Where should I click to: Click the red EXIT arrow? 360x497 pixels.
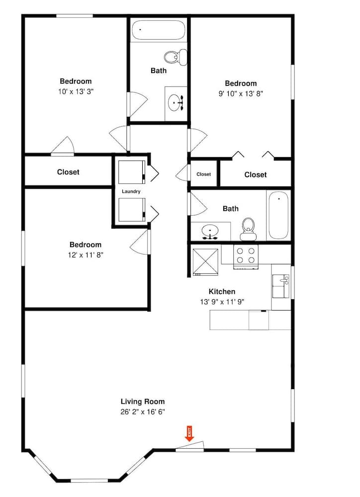(x=189, y=433)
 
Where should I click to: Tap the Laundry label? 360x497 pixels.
(x=131, y=191)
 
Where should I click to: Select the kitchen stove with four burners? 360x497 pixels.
(x=246, y=256)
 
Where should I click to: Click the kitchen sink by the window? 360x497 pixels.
(x=281, y=287)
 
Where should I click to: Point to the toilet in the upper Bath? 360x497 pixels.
(x=176, y=57)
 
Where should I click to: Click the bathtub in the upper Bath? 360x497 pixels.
(x=158, y=30)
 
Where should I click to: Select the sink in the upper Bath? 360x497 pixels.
(x=176, y=103)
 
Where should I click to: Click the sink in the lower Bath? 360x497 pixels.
(x=210, y=232)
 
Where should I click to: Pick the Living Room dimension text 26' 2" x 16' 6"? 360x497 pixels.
(x=143, y=412)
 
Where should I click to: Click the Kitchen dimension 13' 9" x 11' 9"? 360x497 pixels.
(x=222, y=302)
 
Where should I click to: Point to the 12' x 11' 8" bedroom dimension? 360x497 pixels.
(x=86, y=255)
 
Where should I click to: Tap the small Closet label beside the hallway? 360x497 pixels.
(x=204, y=174)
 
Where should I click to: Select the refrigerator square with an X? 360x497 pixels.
(x=205, y=262)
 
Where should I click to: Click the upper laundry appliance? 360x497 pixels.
(x=132, y=172)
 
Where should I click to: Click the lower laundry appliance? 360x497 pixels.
(x=132, y=210)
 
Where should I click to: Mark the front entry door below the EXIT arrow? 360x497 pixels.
(x=189, y=446)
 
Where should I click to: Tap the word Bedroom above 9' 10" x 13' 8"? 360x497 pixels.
(x=241, y=83)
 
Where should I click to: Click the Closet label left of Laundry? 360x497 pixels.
(x=68, y=172)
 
